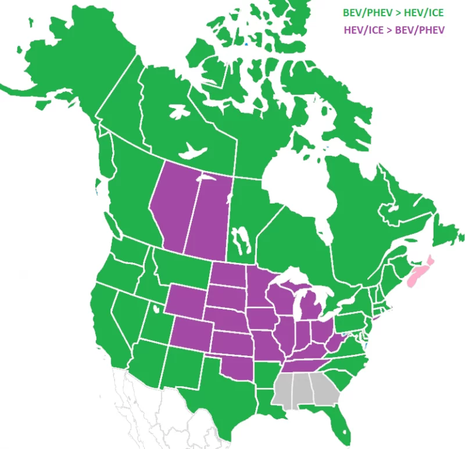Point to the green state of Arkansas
pyautogui.click(x=264, y=372)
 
